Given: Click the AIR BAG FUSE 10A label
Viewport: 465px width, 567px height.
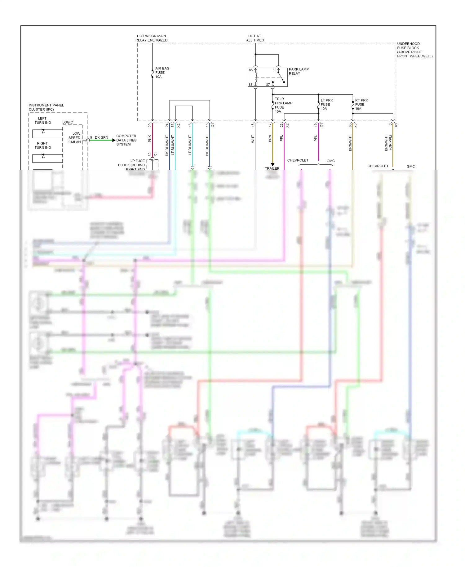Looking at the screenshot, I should click(x=162, y=73).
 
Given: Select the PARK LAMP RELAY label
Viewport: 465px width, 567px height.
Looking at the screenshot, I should click(x=298, y=71).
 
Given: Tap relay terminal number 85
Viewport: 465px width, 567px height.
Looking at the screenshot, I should click(x=250, y=70).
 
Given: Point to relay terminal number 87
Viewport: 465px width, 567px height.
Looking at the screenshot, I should click(x=268, y=85).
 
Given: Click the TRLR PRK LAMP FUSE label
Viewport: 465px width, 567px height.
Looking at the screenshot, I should click(x=283, y=105).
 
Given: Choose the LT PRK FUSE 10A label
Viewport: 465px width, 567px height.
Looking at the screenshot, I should click(x=326, y=105).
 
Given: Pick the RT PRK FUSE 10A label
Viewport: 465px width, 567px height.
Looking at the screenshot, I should click(x=361, y=105).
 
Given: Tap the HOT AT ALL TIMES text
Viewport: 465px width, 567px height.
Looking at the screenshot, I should click(x=255, y=38).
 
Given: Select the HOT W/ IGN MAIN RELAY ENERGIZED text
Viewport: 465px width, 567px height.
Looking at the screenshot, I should click(x=151, y=38).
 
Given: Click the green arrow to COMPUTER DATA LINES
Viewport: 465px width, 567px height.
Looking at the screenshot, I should click(x=113, y=140).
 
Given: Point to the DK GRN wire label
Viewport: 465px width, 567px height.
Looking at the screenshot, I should click(x=101, y=137).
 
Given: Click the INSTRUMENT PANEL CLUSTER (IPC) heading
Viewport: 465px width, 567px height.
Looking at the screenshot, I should click(x=46, y=107).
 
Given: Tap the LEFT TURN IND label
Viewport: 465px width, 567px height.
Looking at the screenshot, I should click(x=42, y=121).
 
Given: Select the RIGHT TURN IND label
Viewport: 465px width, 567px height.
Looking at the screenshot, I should click(x=42, y=145).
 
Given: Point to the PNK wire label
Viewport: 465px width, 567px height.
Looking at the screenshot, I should click(x=150, y=139).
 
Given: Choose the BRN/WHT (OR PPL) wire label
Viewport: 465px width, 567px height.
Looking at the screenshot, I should click(x=388, y=143).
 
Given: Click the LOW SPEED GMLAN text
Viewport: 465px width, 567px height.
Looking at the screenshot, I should click(x=74, y=138).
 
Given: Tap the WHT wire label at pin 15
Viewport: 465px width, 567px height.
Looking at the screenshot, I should click(x=253, y=139).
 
